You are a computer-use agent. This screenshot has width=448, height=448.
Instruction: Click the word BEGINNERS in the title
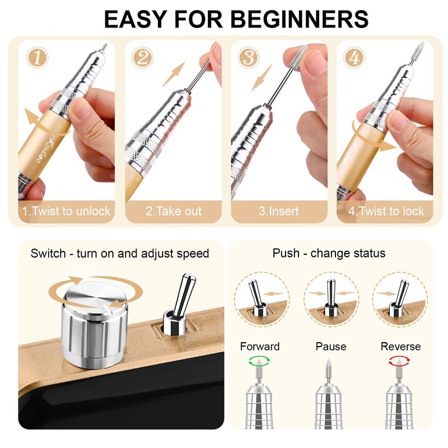point(300,19)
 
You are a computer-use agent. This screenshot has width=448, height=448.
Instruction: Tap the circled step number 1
point(38,58)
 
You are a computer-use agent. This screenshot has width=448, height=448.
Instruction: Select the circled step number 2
point(143,58)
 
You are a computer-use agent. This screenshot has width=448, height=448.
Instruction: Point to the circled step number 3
point(248,58)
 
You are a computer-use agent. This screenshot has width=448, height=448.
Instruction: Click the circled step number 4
point(354,58)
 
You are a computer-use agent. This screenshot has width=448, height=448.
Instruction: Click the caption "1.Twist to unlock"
point(66,211)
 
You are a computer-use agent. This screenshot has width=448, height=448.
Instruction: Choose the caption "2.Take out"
point(174,211)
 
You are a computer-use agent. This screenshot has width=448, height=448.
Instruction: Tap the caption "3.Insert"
point(278,211)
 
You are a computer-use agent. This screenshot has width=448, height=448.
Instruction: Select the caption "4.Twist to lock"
point(386,211)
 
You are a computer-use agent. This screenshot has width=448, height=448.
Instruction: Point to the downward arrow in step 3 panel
point(262,78)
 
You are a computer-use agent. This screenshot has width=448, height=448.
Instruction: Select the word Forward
point(260,347)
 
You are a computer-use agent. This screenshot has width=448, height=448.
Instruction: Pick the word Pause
point(331,347)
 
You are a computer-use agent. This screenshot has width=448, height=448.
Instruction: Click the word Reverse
point(400,347)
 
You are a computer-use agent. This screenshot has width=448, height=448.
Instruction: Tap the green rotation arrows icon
point(259,361)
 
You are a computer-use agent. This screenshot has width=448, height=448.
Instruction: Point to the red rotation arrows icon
point(399,361)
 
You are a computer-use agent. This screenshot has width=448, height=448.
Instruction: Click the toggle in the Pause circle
point(330,298)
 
